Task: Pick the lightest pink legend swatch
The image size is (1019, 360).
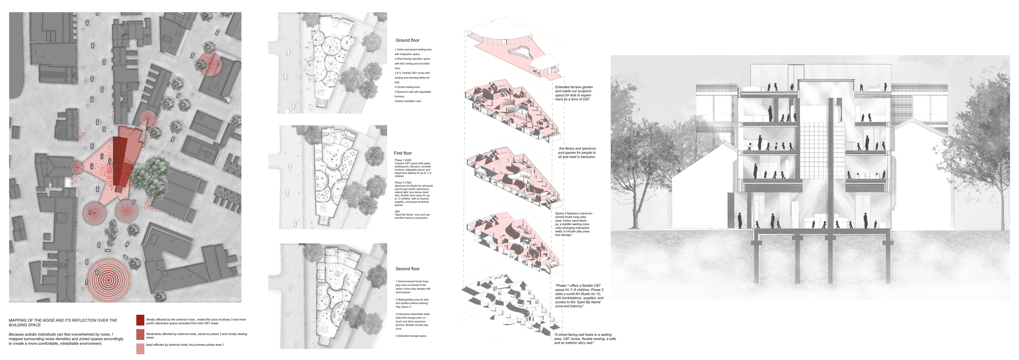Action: tap(140, 348)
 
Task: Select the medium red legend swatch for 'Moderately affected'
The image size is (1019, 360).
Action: tap(140, 334)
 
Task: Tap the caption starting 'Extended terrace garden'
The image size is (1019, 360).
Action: tap(574, 93)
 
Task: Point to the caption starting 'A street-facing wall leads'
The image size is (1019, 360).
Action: tap(585, 339)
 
